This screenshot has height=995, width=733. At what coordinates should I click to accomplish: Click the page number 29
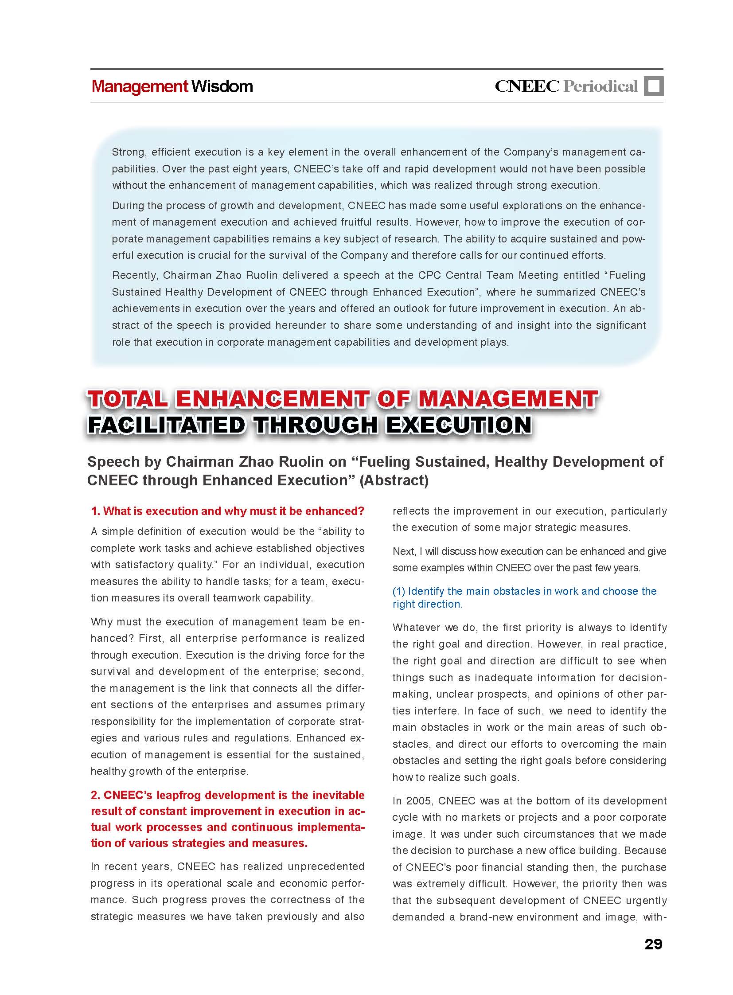coord(653,944)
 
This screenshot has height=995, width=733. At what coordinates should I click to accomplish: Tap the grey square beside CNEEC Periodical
coord(654,86)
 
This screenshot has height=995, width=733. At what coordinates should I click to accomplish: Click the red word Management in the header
coord(140,86)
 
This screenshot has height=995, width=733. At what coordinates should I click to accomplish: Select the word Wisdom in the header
coord(222,86)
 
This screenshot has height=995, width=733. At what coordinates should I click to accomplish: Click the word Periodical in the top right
coord(600,86)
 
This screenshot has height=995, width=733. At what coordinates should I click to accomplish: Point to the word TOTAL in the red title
coord(127,398)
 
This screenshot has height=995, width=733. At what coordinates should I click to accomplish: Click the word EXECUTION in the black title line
coord(459,425)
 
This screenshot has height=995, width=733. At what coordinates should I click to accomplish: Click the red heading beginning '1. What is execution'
coord(227,511)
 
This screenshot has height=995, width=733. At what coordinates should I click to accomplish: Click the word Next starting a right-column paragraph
coord(403,551)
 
